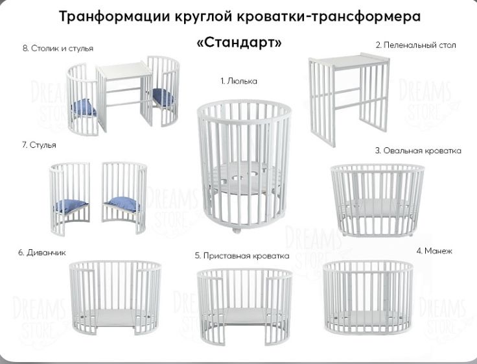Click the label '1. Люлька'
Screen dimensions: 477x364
238,81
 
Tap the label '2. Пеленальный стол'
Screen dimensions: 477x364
415,45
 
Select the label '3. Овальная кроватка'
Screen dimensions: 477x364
418,151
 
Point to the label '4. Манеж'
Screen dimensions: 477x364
434,250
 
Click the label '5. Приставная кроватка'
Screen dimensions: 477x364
242,256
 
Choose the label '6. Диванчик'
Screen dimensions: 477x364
42,252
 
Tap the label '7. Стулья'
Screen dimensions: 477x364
39,145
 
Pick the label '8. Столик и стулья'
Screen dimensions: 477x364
58,48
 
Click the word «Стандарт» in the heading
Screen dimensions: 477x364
239,42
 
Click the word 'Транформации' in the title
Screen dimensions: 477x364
114,16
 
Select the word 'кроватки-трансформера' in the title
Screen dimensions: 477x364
329,16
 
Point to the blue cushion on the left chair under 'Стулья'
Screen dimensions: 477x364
71,206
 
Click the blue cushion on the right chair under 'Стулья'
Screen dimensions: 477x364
122,204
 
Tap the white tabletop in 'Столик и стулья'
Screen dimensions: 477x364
124,70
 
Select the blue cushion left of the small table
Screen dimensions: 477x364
84,108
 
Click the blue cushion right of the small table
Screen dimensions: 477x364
163,97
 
